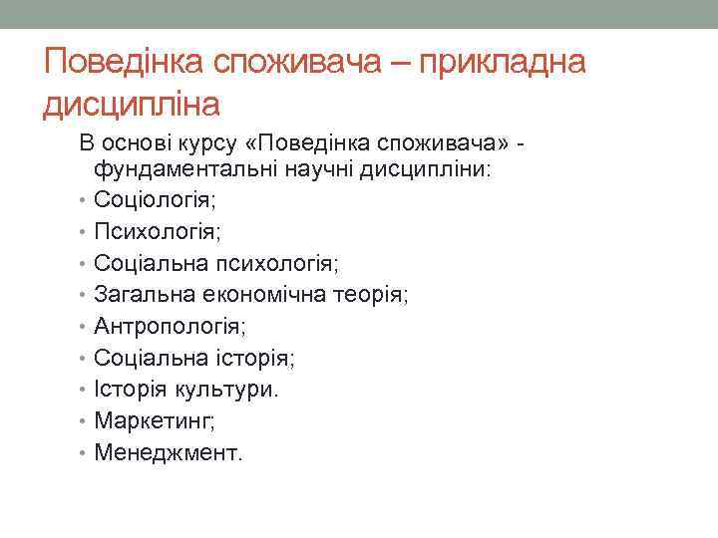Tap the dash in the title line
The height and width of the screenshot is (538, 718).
pyautogui.click(x=402, y=64)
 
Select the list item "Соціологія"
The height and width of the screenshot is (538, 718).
pyautogui.click(x=156, y=200)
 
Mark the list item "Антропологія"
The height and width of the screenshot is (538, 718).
pyautogui.click(x=170, y=327)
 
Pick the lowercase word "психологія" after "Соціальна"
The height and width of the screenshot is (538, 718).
pyautogui.click(x=287, y=264)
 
